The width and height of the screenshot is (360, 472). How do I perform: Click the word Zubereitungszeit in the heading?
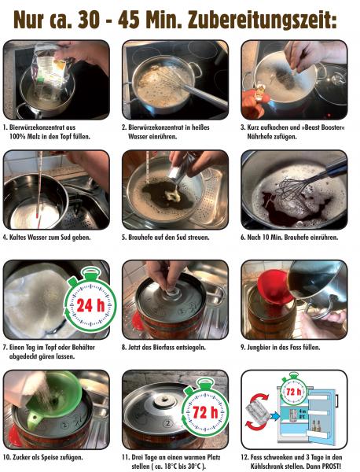coord(262,20)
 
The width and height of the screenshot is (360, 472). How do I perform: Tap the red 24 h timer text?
coord(90,305)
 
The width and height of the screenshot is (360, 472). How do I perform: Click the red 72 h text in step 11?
coord(205,412)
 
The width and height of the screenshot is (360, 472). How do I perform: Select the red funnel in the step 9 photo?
coord(274,288)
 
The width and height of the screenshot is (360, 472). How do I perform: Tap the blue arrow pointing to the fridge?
coord(275,416)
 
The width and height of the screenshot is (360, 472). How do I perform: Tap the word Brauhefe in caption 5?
coord(140,238)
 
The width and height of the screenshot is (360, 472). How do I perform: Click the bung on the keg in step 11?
coord(164,400)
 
